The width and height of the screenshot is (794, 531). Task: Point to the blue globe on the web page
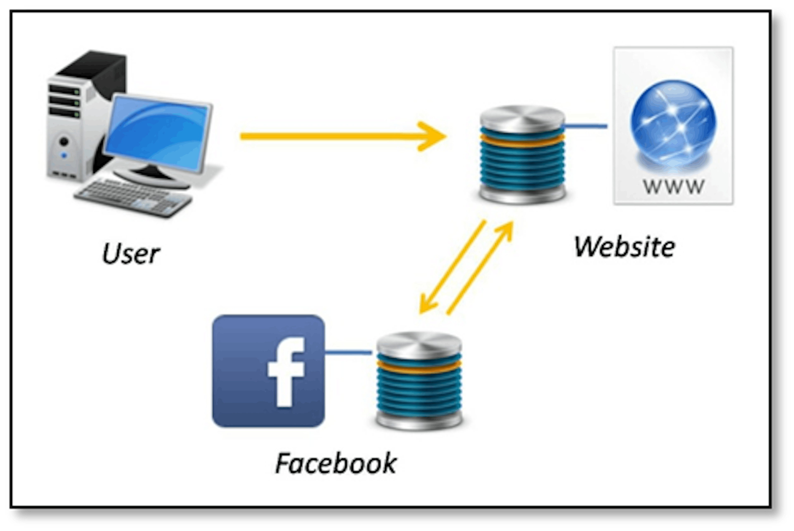[673, 124]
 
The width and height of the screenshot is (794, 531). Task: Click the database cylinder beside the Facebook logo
[419, 381]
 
